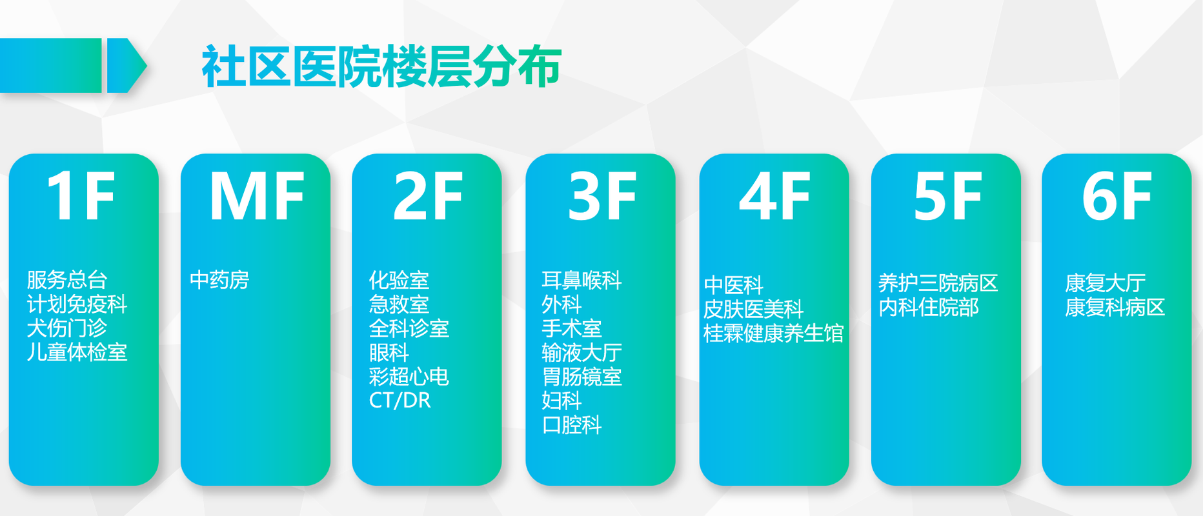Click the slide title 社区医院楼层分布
(x=381, y=66)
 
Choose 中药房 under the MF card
(x=219, y=280)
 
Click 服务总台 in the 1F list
(x=67, y=280)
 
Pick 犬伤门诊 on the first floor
(x=67, y=328)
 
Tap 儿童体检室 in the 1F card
(x=77, y=352)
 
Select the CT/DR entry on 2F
(x=399, y=401)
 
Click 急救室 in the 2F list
(x=399, y=304)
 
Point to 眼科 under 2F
(x=389, y=353)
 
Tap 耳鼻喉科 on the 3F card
(x=581, y=280)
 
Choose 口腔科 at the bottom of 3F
(x=572, y=425)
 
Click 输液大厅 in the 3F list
(x=581, y=353)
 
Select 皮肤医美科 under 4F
(x=753, y=310)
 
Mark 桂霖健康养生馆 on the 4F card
(x=773, y=333)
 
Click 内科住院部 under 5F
(x=929, y=307)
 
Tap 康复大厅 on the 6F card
(x=1106, y=283)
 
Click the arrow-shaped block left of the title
(x=126, y=65)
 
